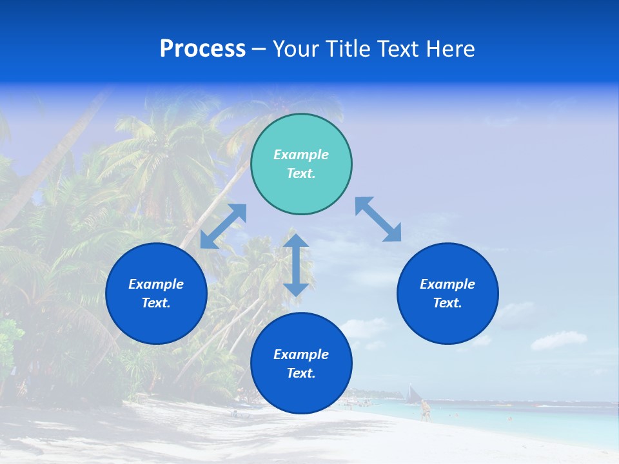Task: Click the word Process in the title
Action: pyautogui.click(x=202, y=49)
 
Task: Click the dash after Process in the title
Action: pyautogui.click(x=259, y=50)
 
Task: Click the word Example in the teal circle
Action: pyautogui.click(x=301, y=155)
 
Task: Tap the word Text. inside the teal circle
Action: pyautogui.click(x=301, y=173)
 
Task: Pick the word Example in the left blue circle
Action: pyautogui.click(x=156, y=284)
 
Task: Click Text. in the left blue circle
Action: pyautogui.click(x=156, y=303)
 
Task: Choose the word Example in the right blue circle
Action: pyautogui.click(x=447, y=284)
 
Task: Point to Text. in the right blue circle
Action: pyautogui.click(x=447, y=303)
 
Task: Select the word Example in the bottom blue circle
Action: pyautogui.click(x=301, y=354)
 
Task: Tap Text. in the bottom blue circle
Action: pyautogui.click(x=301, y=373)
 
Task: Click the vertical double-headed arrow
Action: pyautogui.click(x=296, y=265)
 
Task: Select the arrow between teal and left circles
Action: pyautogui.click(x=223, y=226)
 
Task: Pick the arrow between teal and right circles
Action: pyautogui.click(x=378, y=219)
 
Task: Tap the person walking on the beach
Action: pyautogui.click(x=425, y=410)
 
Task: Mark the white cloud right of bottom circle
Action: pyautogui.click(x=558, y=340)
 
